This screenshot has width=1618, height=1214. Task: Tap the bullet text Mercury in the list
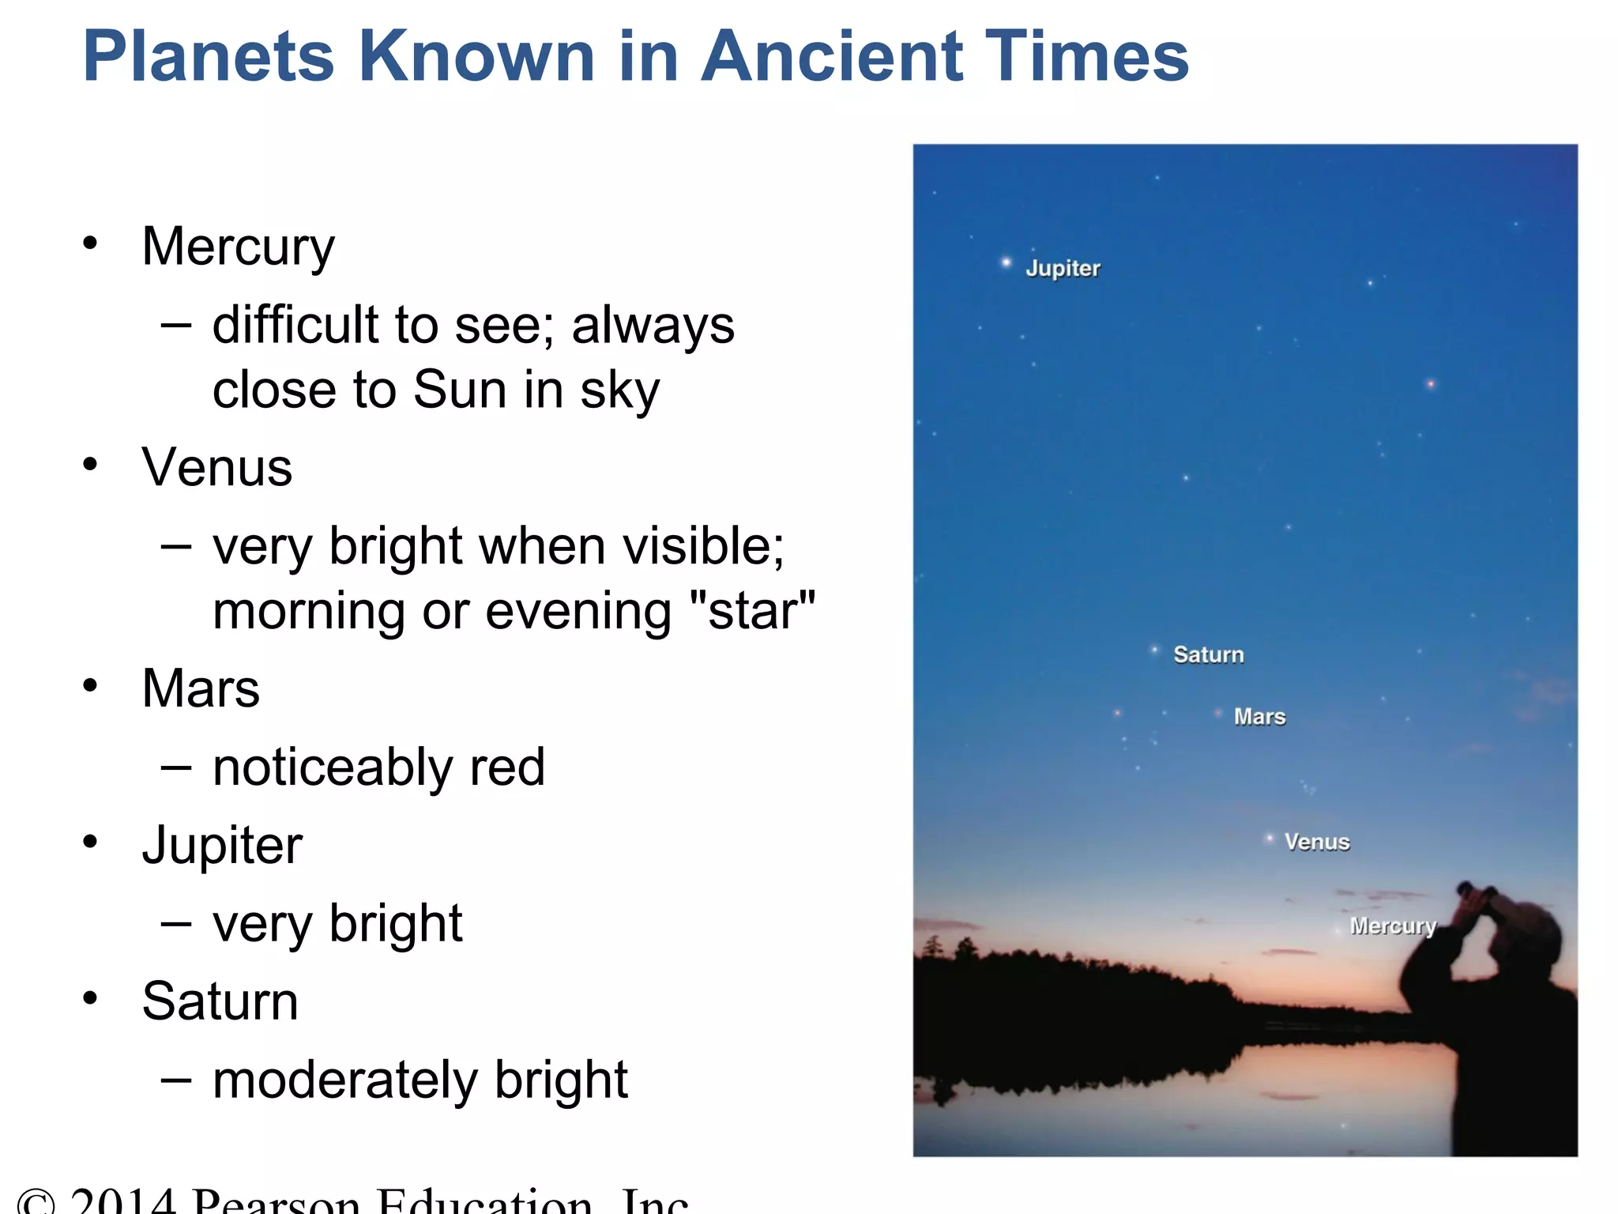238,247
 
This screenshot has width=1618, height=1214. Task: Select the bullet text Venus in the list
216,467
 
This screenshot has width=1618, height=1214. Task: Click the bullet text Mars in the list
201,688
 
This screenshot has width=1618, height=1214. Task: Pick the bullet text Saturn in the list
220,1001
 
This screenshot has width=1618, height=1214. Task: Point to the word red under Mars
506,767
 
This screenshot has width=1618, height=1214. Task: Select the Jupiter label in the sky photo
1063,269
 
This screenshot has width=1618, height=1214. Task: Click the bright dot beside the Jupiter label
1006,262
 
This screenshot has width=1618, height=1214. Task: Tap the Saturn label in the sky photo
1208,654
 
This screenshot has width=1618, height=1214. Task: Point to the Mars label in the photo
1259,717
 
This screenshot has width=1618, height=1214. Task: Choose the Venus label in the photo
1316,842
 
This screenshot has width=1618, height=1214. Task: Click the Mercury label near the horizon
1392,926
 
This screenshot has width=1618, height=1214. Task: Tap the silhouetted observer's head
1529,937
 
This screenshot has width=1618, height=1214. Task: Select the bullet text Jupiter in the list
222,845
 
